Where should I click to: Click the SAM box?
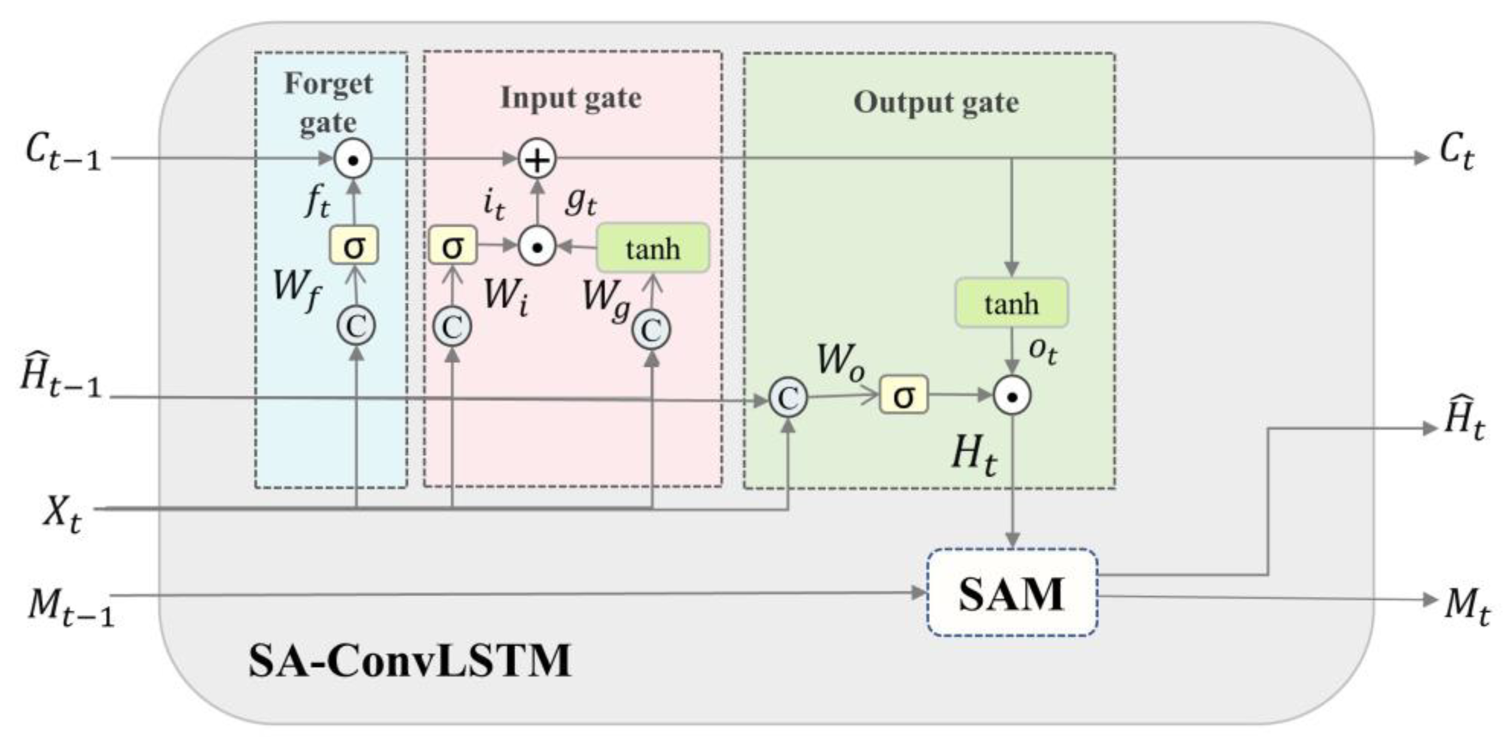coord(1011,593)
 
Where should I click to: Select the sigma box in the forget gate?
coord(354,246)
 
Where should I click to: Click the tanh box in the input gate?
coord(653,248)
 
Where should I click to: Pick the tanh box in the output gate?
coord(1011,303)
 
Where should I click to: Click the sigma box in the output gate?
coord(903,395)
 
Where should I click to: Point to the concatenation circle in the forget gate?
coord(356,325)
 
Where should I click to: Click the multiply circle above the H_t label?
coord(1012,396)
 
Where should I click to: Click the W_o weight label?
coord(840,362)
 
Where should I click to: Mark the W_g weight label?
coord(606,299)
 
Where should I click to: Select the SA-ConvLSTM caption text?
coord(409,661)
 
